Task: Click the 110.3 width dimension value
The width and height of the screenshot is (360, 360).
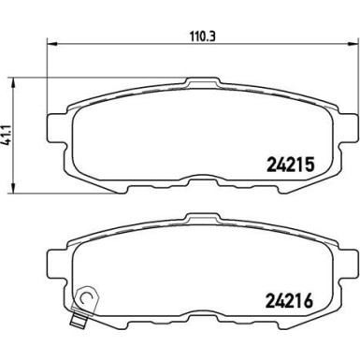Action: pos(203,37)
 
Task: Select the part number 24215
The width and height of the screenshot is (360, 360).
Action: pos(290,165)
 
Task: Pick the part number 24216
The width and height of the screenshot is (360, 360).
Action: pos(289,300)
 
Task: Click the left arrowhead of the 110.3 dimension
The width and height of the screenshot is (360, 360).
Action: pos(52,44)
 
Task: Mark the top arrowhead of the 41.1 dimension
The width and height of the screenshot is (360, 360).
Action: pos(13,83)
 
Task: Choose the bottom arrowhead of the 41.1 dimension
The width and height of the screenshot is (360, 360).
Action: pos(13,188)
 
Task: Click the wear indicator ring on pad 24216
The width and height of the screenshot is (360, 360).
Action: pos(86,298)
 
